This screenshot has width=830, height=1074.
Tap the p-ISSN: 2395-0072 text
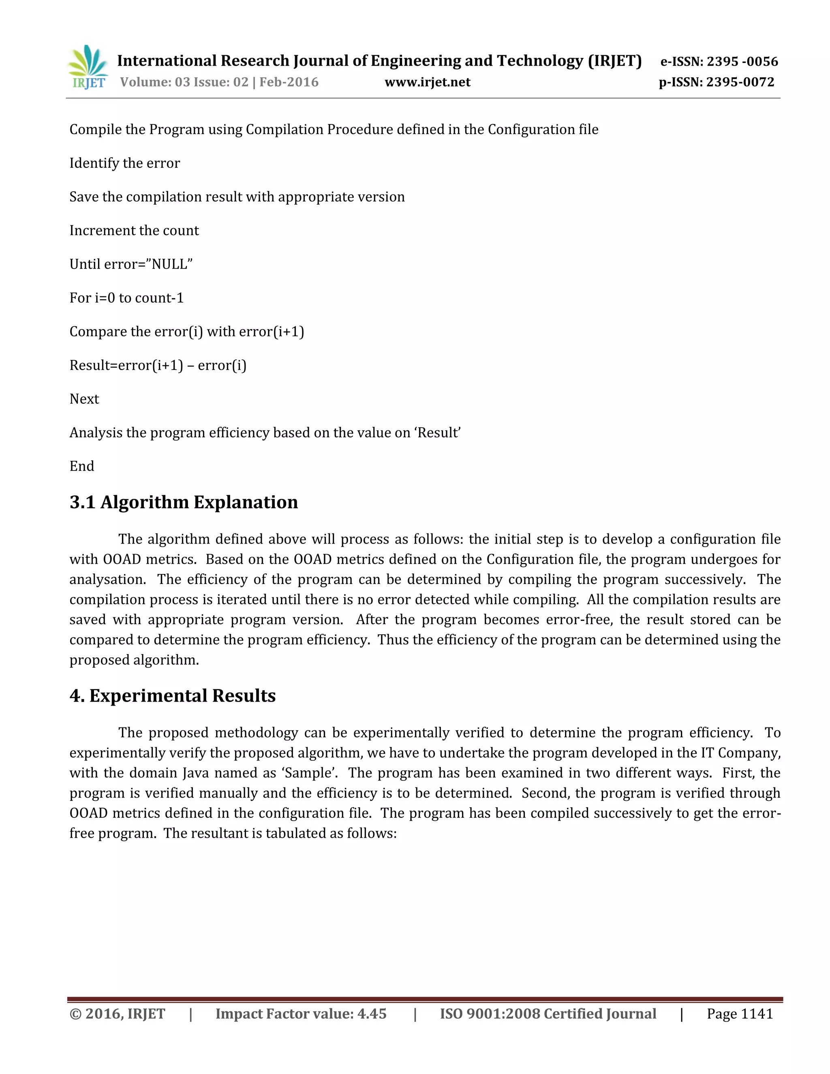(x=717, y=82)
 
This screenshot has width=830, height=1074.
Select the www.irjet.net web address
(x=427, y=82)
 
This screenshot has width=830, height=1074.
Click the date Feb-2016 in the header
(x=289, y=82)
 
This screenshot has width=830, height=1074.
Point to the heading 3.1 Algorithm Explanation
(x=184, y=502)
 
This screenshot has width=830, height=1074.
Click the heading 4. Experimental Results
(x=172, y=696)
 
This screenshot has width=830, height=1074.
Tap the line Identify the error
(x=124, y=163)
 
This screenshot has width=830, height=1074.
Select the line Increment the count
(x=134, y=231)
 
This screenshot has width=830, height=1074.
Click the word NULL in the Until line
(x=170, y=265)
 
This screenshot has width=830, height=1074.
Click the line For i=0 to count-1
(x=126, y=298)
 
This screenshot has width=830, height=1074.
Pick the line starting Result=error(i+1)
(x=157, y=366)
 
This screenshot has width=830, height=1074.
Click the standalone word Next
(x=84, y=399)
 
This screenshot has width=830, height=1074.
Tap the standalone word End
(x=81, y=466)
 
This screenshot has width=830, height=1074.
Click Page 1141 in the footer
(x=740, y=1014)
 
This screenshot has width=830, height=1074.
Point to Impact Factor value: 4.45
(x=301, y=1014)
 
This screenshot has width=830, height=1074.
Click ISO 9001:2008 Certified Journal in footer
(x=548, y=1014)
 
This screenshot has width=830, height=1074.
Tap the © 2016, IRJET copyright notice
(x=117, y=1014)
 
